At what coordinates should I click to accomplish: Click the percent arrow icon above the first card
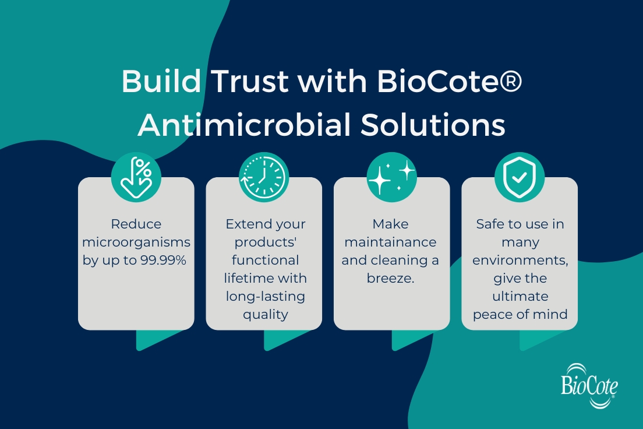pyautogui.click(x=136, y=177)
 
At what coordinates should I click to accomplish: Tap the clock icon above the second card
pyautogui.click(x=264, y=177)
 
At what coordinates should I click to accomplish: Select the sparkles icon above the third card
pyautogui.click(x=391, y=177)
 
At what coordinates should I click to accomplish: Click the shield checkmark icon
pyautogui.click(x=520, y=177)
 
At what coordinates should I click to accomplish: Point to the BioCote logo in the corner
pyautogui.click(x=589, y=385)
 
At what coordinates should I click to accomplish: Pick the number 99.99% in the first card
pyautogui.click(x=162, y=261)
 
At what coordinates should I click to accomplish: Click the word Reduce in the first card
pyautogui.click(x=136, y=224)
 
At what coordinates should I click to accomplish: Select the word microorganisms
pyautogui.click(x=136, y=242)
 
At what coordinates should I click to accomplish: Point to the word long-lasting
pyautogui.click(x=265, y=297)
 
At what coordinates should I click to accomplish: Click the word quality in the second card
pyautogui.click(x=265, y=315)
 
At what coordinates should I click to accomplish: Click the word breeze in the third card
pyautogui.click(x=389, y=279)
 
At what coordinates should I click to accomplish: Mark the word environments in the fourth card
pyautogui.click(x=520, y=261)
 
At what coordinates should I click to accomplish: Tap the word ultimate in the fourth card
pyautogui.click(x=520, y=297)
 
